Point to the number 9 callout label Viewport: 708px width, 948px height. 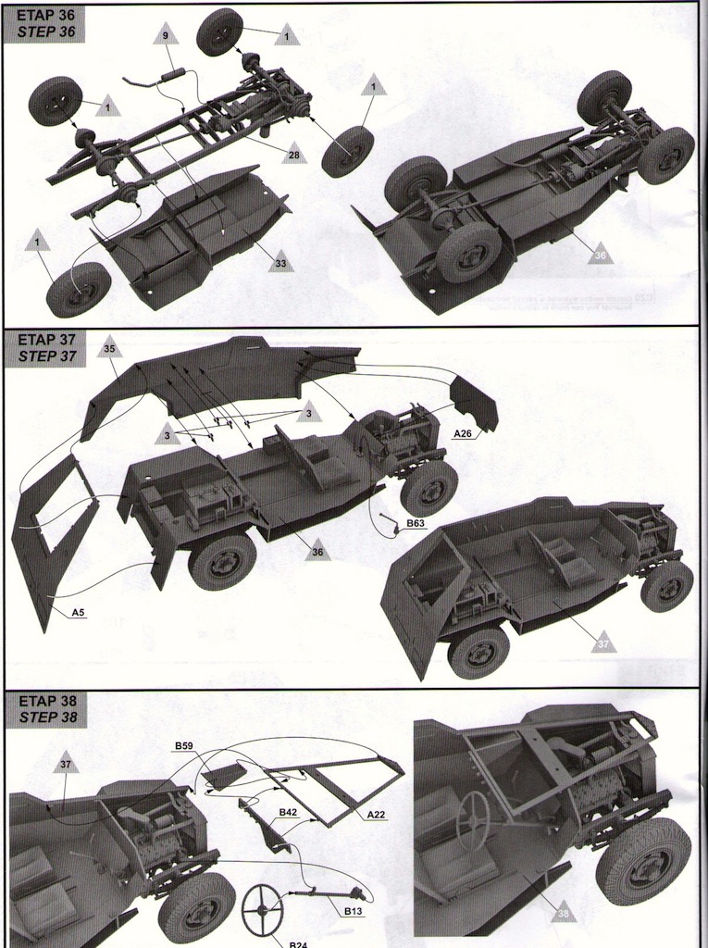[165, 35]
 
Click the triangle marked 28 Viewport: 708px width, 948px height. [293, 154]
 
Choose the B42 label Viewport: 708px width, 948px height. [288, 812]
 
